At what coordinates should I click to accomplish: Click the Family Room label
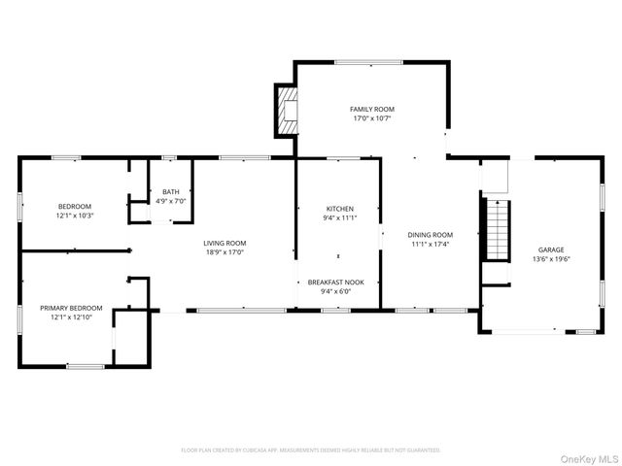372,109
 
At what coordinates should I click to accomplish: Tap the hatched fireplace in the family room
288,111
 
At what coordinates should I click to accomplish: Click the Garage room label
551,250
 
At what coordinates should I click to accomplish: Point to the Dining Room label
430,234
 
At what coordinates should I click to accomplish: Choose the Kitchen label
339,209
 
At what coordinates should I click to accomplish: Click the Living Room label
225,243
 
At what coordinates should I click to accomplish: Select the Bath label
171,192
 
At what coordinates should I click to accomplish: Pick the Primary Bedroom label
65,308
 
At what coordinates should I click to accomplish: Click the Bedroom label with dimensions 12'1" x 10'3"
75,206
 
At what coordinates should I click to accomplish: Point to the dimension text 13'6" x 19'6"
551,259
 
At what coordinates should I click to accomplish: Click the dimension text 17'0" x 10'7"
372,118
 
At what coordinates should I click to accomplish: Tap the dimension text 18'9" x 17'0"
225,252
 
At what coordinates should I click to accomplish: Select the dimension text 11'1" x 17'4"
430,244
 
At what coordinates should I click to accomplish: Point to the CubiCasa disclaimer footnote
311,450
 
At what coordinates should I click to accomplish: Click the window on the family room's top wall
368,63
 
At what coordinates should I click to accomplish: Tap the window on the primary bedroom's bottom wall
86,366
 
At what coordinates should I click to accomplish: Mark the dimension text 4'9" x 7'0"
171,201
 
